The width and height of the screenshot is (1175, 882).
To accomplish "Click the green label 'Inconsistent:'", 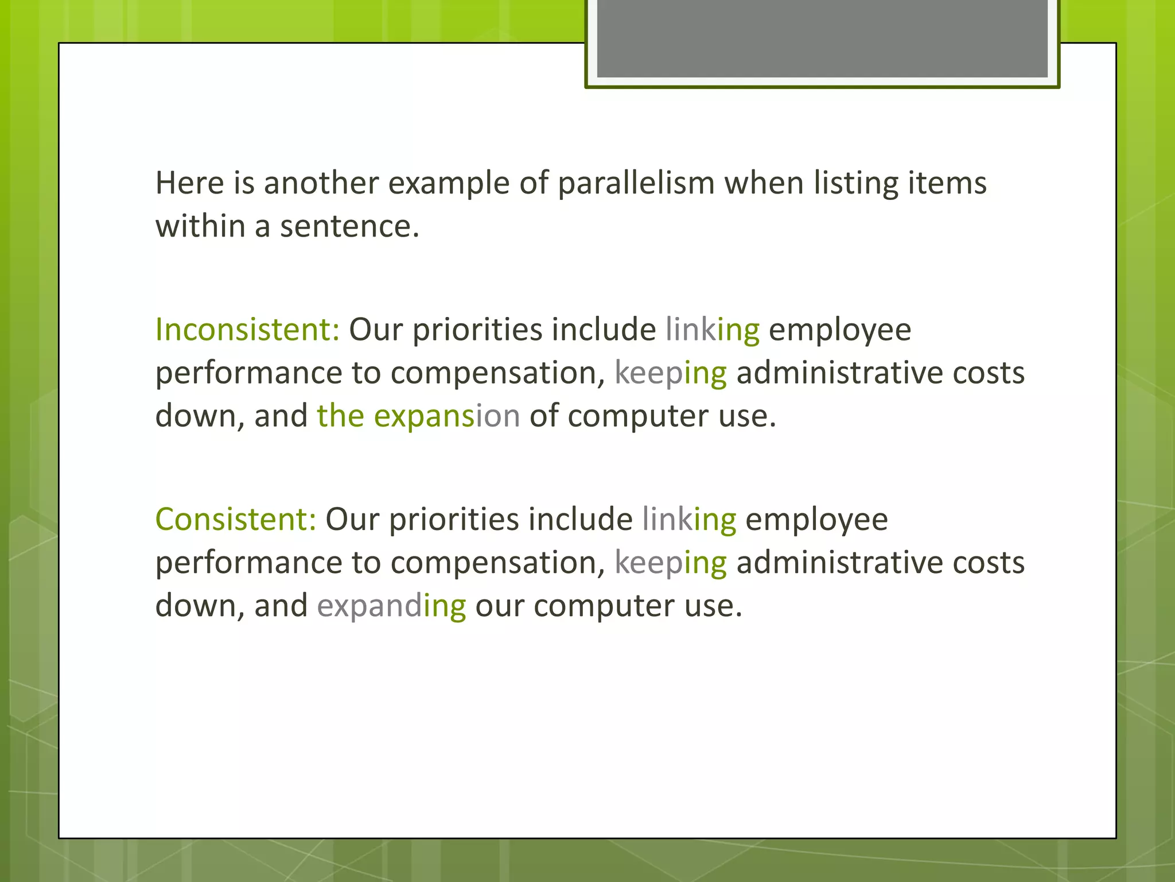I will [247, 330].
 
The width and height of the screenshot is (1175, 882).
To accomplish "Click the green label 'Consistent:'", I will [235, 520].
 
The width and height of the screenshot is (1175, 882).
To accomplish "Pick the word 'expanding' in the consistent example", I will [391, 606].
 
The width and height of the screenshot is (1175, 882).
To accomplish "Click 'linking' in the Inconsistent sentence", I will [712, 330].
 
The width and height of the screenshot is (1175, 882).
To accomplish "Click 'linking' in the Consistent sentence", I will [688, 520].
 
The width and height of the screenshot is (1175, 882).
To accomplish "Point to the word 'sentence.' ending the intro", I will [350, 226].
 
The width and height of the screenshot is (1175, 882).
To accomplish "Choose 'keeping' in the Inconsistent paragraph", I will [670, 374].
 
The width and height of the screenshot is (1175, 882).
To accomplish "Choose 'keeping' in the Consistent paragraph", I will [670, 563].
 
